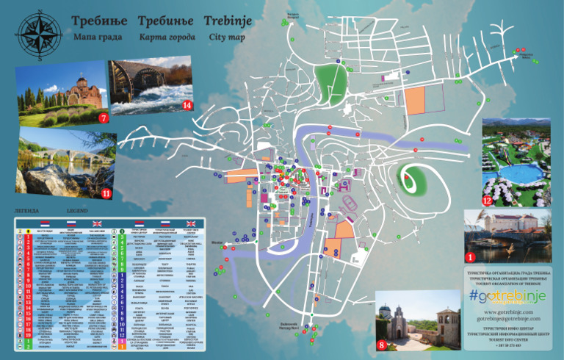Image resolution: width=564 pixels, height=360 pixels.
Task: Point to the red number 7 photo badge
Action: (x=103, y=117)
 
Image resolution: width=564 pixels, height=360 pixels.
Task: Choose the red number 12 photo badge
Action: (x=487, y=200)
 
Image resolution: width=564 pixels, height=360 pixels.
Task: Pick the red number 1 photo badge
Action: (x=471, y=256)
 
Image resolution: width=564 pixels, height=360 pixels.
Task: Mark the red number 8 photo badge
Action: (x=381, y=343)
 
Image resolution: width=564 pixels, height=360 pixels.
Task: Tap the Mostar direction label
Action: (x=215, y=240)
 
